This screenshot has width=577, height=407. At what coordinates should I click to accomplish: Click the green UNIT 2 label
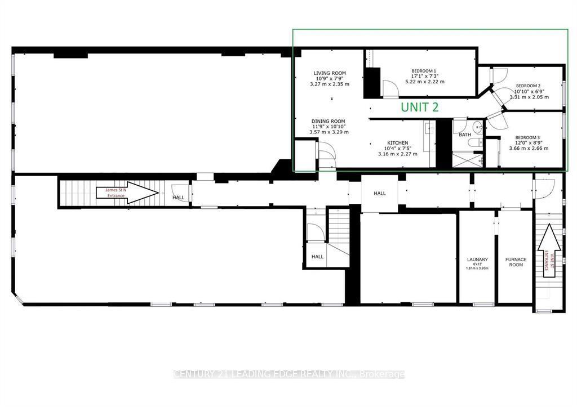click(x=419, y=107)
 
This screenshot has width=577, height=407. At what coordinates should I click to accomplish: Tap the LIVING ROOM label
click(x=330, y=73)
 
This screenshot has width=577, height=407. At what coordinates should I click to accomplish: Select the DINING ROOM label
click(x=330, y=121)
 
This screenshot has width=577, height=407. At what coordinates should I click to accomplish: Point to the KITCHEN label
click(x=397, y=143)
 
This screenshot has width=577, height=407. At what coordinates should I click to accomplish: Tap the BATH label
click(x=465, y=135)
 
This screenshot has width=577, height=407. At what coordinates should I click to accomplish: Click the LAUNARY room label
click(x=477, y=260)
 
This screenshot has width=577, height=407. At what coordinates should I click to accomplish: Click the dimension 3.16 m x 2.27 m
click(x=397, y=154)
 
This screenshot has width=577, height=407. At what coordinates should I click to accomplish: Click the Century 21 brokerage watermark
click(x=288, y=374)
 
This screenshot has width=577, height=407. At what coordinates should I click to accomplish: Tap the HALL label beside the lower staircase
click(x=318, y=257)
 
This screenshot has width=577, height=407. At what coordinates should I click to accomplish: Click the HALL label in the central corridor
click(x=380, y=194)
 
